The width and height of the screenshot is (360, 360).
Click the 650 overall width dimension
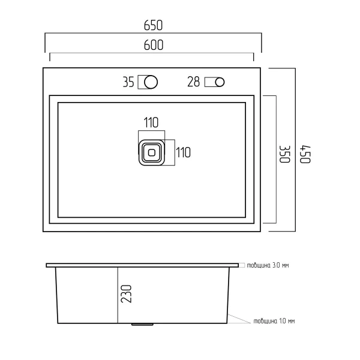(153, 25)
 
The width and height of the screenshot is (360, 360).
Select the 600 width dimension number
(154, 45)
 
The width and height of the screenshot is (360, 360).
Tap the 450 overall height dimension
(305, 154)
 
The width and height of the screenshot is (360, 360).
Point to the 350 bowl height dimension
(284, 154)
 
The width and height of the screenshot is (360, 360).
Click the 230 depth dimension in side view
(126, 294)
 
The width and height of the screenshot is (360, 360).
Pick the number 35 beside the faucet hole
(128, 82)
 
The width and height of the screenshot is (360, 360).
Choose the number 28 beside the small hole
(194, 82)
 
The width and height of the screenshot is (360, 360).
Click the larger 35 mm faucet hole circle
(151, 82)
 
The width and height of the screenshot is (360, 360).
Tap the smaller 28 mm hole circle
(220, 82)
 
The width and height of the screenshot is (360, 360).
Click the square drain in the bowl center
(152, 152)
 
